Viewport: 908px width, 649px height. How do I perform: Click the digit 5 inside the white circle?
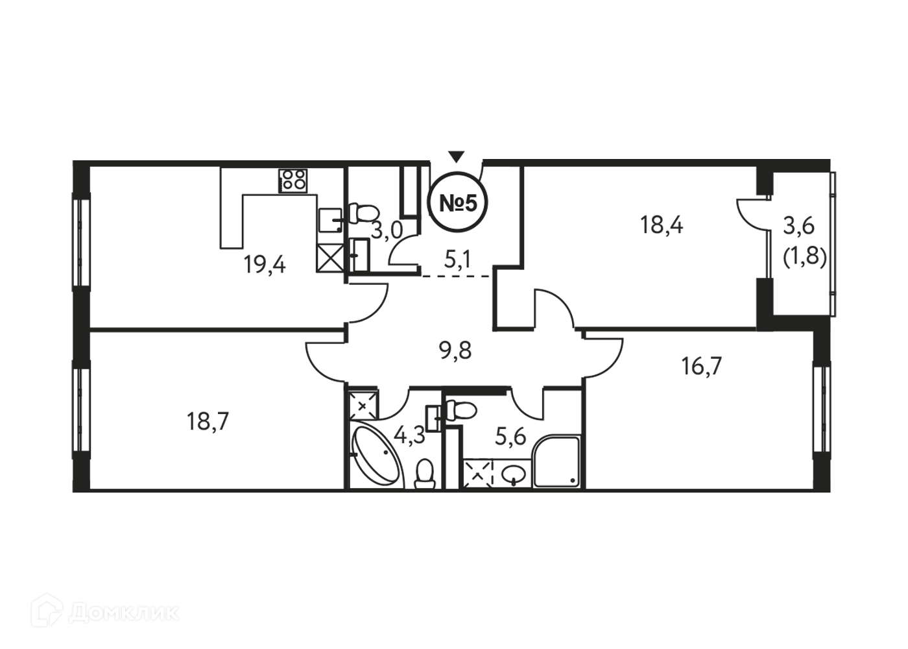point(469,203)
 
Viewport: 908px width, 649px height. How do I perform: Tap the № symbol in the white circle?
point(449,203)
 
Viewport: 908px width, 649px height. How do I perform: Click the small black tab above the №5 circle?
point(455,153)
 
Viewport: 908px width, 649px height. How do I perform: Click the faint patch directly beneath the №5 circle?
point(457,256)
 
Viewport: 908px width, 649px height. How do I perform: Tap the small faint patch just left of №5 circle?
point(387,232)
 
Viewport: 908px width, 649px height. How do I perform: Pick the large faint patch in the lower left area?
point(212,415)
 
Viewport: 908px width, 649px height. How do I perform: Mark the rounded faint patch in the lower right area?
point(701,387)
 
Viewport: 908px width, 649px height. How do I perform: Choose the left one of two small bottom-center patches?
point(410,435)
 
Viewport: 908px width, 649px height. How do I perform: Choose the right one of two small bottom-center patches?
point(506,432)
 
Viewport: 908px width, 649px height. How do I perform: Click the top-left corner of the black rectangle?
point(72,160)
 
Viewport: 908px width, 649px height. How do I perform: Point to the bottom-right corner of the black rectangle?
point(835,491)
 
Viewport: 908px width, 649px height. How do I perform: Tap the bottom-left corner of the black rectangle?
point(72,491)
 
